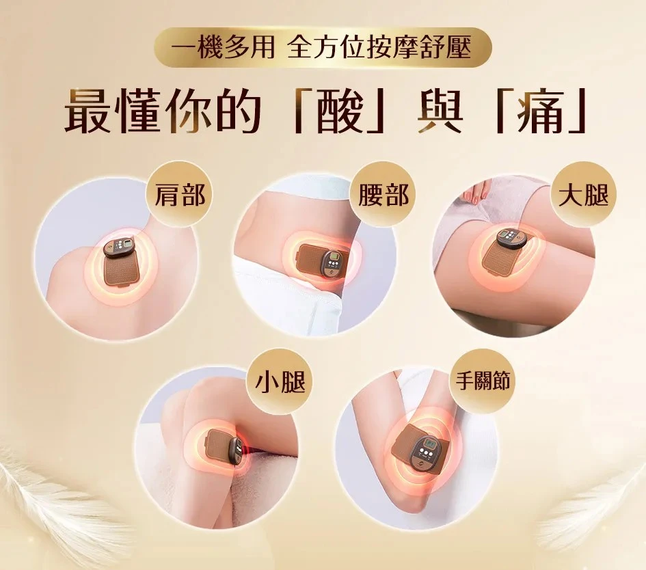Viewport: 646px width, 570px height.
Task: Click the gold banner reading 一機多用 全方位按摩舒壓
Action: (323, 47)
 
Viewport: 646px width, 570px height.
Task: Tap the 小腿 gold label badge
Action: (280, 382)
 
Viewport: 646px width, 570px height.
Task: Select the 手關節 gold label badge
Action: (483, 381)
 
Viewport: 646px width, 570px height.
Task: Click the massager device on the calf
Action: (224, 447)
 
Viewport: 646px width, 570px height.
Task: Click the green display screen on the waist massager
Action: (334, 260)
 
